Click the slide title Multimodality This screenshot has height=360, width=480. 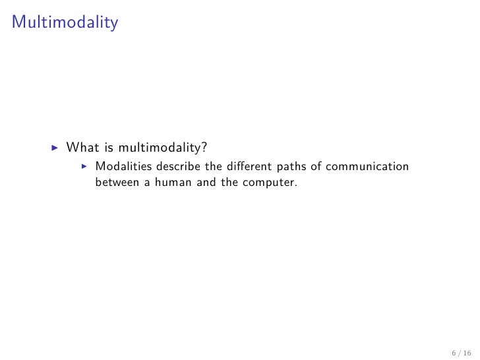pos(65,24)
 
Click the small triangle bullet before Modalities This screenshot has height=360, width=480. pos(84,166)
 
